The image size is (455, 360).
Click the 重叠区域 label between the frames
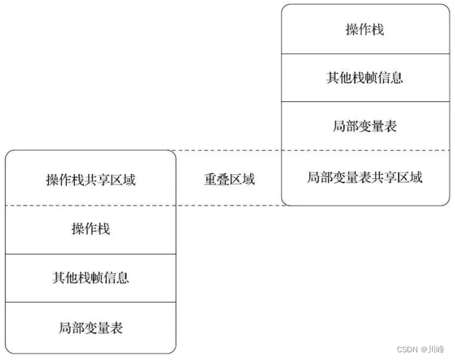(229, 179)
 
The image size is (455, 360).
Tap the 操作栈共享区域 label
(91, 180)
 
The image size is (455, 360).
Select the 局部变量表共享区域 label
(365, 178)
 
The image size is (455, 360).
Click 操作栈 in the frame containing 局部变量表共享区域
(365, 29)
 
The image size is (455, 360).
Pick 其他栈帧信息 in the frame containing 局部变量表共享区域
(365, 78)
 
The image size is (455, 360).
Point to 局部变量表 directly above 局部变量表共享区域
(365, 127)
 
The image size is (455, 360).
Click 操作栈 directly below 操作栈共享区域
(91, 229)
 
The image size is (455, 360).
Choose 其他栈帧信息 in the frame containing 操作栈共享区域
(91, 278)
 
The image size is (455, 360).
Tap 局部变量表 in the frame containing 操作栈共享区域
(91, 328)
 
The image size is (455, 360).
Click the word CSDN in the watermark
(407, 350)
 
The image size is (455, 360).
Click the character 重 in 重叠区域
(210, 179)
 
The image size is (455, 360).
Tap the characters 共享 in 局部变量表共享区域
(384, 178)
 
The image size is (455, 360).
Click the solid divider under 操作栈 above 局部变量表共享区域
(366, 54)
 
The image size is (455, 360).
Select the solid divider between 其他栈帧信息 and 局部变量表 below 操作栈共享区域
(91, 302)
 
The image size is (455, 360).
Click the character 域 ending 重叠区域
(249, 179)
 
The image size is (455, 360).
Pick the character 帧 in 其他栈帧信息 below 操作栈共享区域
(97, 278)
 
